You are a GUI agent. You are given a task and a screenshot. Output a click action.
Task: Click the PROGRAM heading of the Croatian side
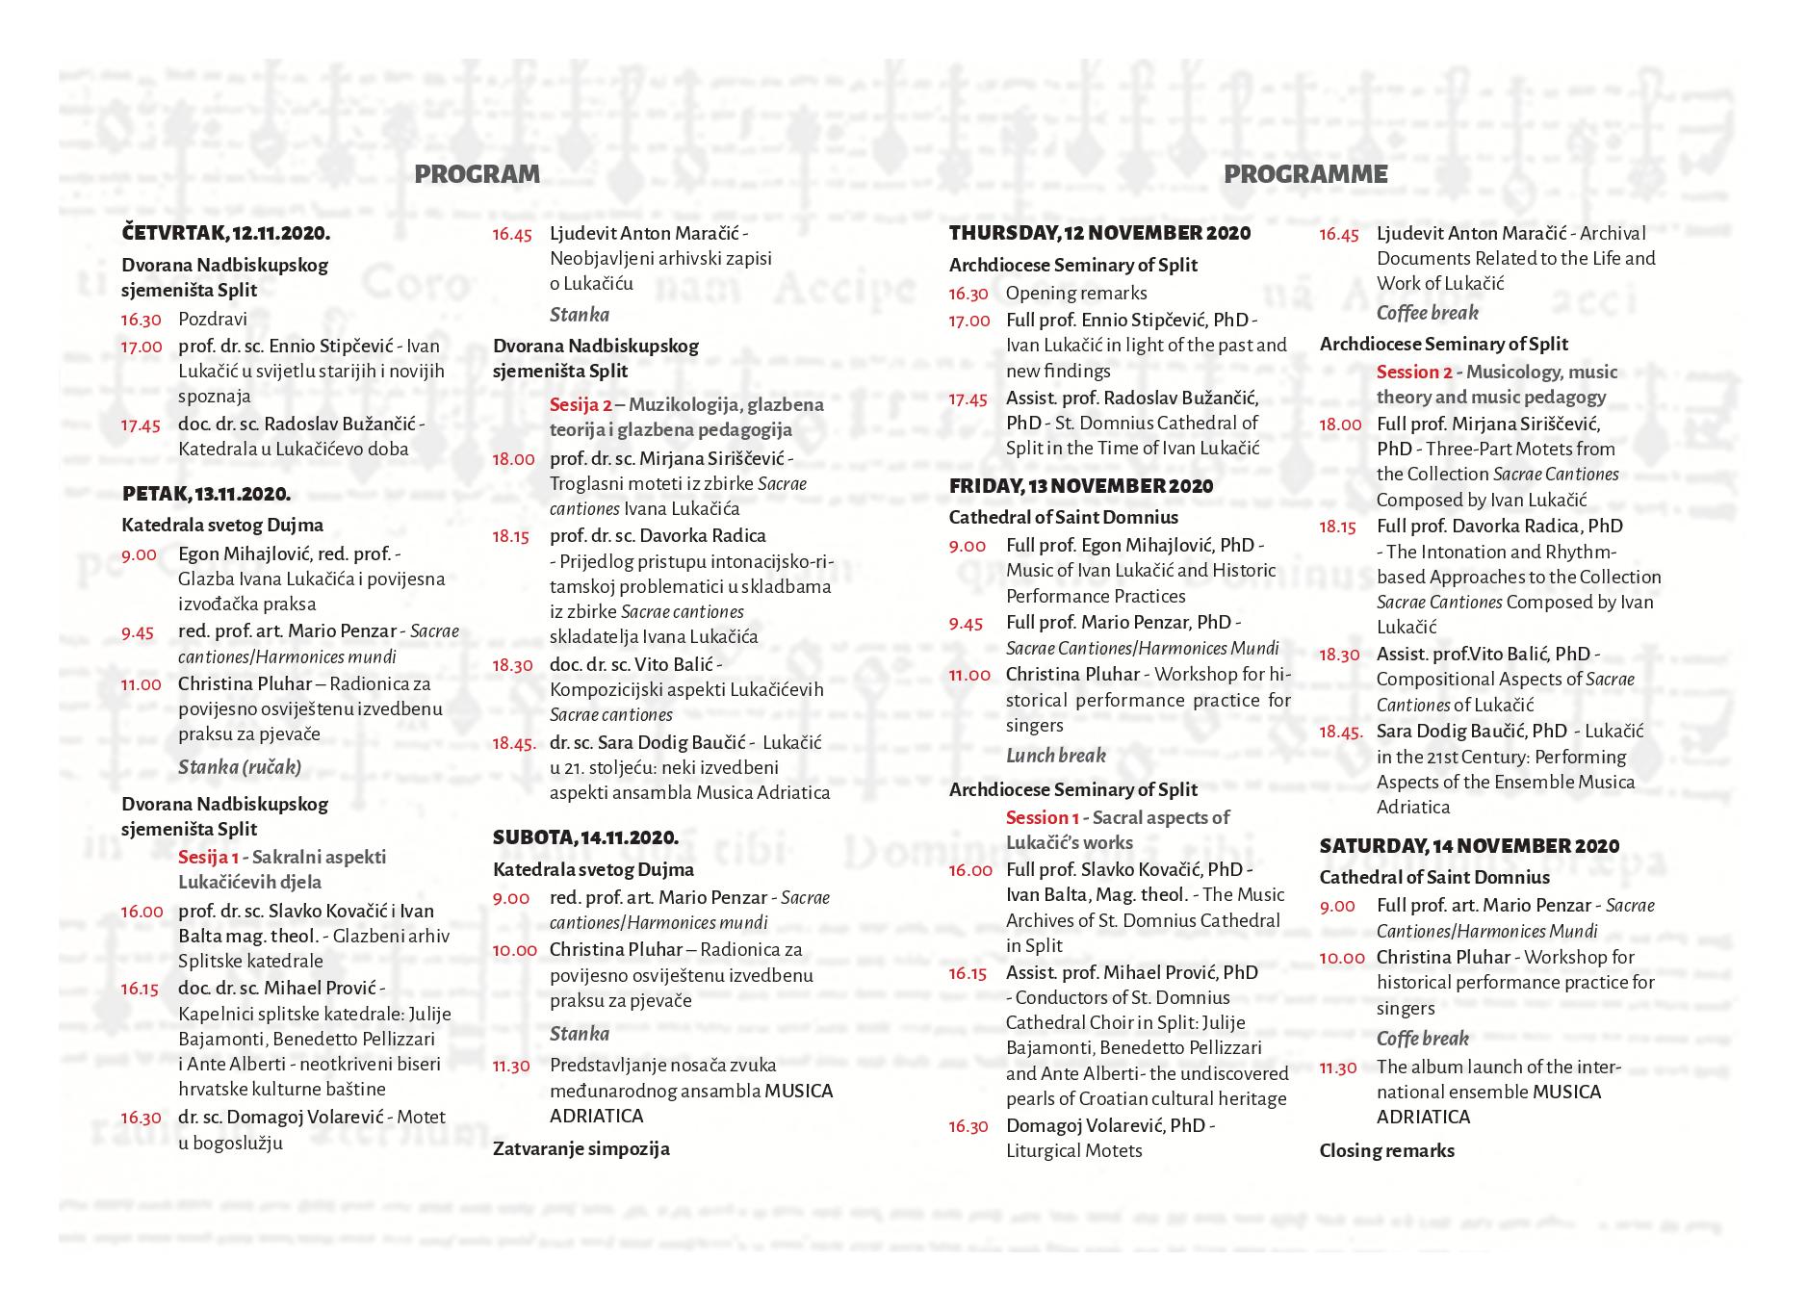(477, 174)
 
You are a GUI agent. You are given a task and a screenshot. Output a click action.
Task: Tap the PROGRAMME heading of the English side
(1305, 174)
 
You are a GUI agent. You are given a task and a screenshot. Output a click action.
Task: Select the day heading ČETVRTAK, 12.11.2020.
(226, 233)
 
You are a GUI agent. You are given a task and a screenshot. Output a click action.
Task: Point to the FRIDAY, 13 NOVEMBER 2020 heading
(1081, 486)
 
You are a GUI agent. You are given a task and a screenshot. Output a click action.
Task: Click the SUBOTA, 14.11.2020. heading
(585, 837)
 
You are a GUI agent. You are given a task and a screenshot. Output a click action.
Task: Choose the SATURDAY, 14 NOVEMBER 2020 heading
(1469, 846)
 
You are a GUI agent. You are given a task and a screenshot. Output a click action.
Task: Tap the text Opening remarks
(1076, 293)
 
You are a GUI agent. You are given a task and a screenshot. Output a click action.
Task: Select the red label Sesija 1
(208, 857)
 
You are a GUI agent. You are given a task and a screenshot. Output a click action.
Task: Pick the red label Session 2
(1413, 372)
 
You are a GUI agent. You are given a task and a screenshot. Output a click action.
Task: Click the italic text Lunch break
(1056, 756)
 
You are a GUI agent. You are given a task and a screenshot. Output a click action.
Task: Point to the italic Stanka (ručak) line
(240, 767)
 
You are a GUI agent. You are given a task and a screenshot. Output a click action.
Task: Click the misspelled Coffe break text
(1422, 1039)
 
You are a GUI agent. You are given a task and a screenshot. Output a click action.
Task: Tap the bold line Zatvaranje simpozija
(581, 1148)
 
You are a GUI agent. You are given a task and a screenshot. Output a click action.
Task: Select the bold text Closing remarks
(1386, 1150)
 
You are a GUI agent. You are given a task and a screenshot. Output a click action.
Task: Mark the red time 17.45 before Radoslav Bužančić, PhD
(968, 399)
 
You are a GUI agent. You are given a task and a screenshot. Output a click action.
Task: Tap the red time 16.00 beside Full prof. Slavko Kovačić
(969, 870)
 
